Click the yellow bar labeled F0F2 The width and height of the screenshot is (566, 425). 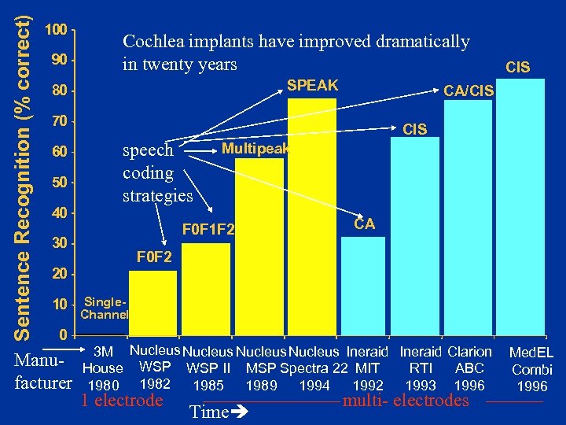point(153,303)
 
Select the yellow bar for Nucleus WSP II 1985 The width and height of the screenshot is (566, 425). point(206,291)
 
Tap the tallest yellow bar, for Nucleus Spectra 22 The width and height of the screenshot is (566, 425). point(312,220)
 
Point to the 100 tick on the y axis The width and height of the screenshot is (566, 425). point(55,30)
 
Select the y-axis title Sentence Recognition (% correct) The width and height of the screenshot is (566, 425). point(24,169)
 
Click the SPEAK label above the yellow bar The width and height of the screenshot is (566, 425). point(312,85)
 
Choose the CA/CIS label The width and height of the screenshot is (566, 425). point(469,92)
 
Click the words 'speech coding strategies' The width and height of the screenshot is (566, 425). point(157,172)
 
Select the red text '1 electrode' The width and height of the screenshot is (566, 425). point(122,401)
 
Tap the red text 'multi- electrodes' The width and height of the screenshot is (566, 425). point(406,401)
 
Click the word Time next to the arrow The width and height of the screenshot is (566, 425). point(209,412)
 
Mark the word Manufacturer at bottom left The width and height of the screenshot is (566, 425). point(44,374)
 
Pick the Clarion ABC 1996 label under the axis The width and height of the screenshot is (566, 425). point(469,368)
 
